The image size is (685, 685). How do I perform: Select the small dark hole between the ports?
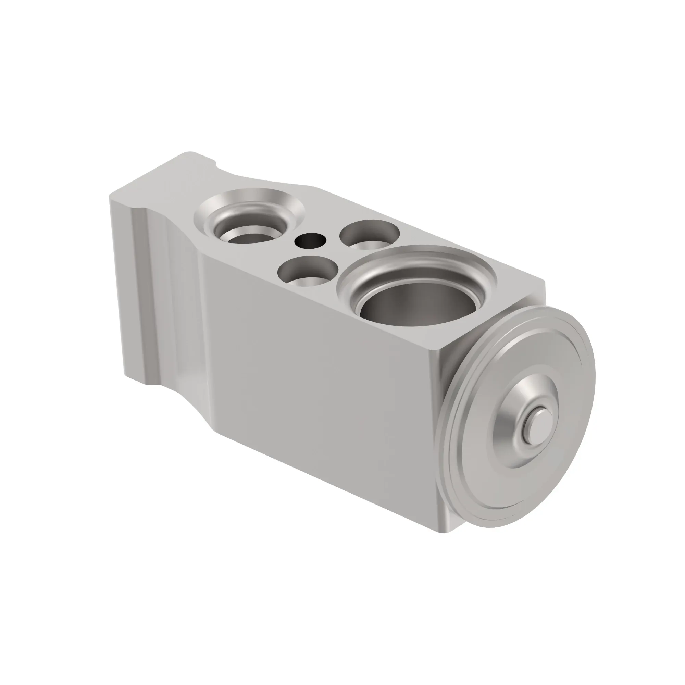click(x=310, y=241)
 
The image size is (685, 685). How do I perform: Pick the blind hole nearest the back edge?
click(x=369, y=234)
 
